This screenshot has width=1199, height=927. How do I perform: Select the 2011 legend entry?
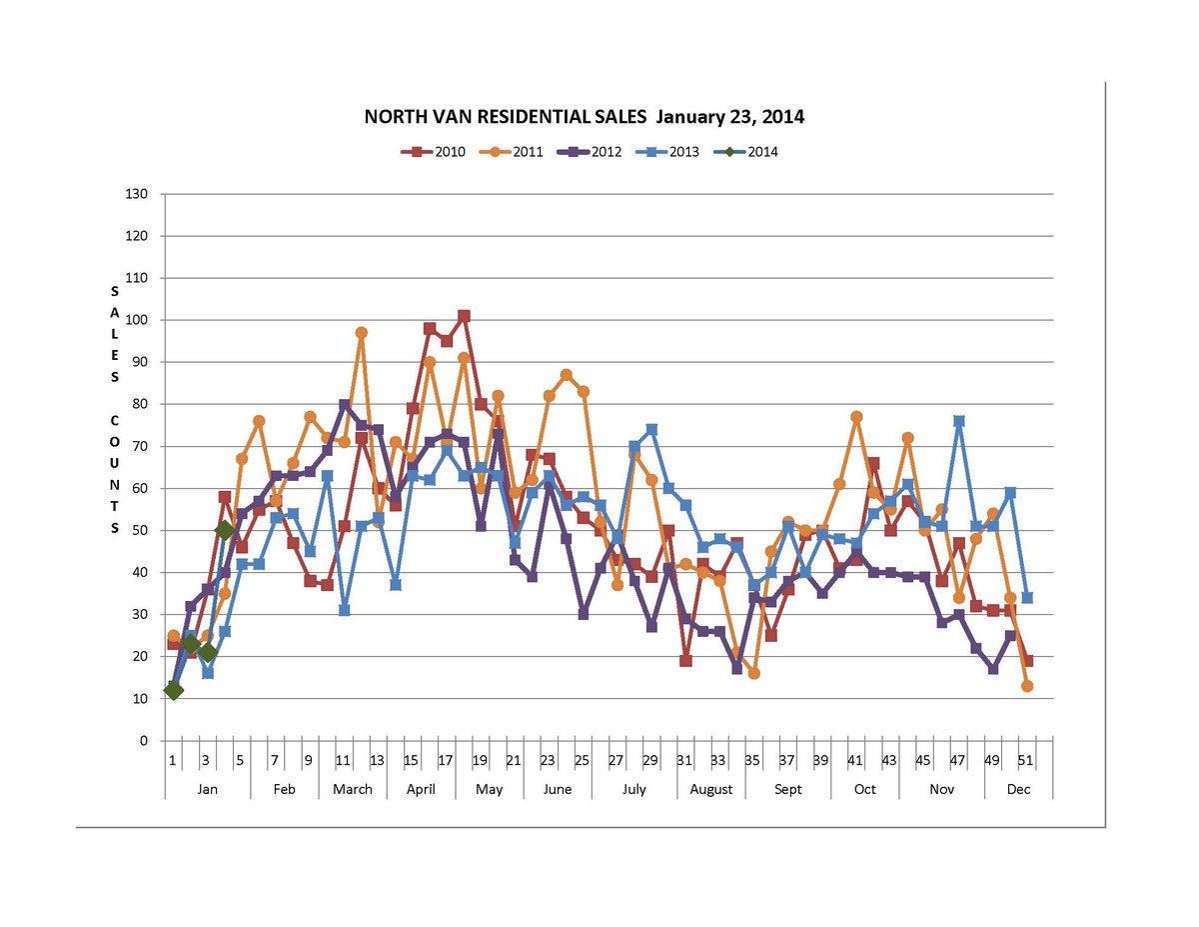click(513, 152)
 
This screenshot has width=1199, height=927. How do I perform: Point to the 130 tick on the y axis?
click(137, 194)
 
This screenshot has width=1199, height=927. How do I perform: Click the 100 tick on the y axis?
click(137, 320)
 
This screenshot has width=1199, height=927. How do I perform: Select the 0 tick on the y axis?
click(143, 741)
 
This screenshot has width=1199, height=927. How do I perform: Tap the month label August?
click(710, 789)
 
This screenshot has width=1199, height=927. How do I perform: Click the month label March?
click(352, 789)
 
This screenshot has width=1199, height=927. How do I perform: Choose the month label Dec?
click(1018, 789)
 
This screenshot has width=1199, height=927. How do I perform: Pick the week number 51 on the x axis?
click(1026, 760)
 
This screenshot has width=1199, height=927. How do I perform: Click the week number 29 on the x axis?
click(650, 760)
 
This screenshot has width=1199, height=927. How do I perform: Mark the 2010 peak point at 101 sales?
click(464, 316)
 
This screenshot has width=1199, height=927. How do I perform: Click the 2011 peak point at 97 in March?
click(361, 333)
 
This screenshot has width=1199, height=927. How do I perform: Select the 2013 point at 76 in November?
click(958, 421)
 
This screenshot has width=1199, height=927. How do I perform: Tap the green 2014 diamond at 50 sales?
click(225, 530)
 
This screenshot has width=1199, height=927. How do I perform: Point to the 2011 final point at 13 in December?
click(1027, 686)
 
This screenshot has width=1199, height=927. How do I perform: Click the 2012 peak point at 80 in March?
click(344, 405)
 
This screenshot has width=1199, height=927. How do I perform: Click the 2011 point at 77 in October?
click(856, 417)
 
